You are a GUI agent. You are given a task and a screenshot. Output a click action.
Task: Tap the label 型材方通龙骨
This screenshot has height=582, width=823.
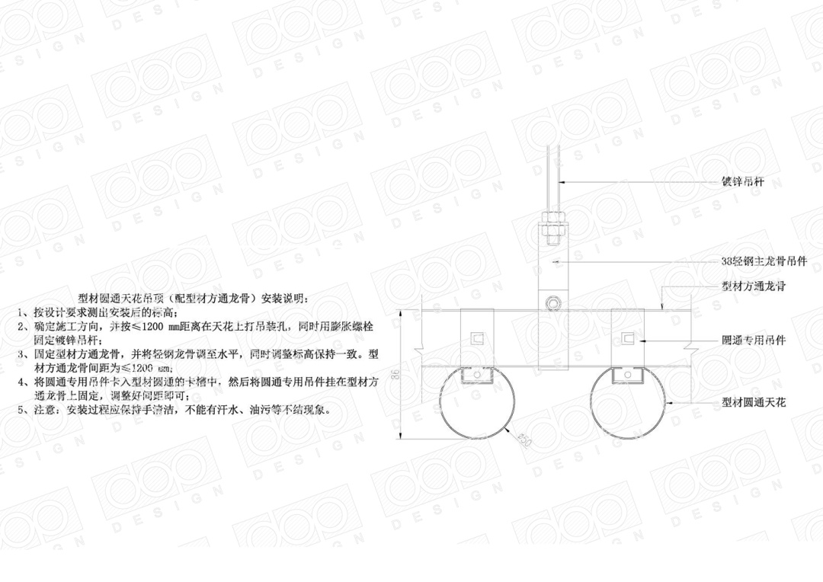(x=754, y=287)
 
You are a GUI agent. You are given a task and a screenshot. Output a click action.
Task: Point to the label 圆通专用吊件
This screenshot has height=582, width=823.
(x=754, y=340)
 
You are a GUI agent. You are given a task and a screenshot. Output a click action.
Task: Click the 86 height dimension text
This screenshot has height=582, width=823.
(x=395, y=374)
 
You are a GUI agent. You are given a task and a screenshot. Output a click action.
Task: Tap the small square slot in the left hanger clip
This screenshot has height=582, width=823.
(x=476, y=338)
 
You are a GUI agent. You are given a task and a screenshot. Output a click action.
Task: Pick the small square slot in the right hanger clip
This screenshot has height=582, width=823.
(x=628, y=338)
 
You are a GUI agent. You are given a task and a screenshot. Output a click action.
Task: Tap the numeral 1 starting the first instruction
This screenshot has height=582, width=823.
(x=21, y=312)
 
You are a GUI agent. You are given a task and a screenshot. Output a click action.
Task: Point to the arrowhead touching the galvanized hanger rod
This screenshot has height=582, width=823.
(x=562, y=182)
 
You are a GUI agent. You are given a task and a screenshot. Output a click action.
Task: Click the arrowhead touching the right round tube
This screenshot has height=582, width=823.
(x=664, y=401)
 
